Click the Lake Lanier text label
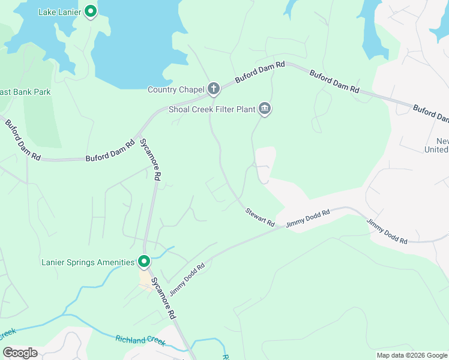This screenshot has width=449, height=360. point(59,12)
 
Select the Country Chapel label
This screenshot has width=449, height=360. point(176,90)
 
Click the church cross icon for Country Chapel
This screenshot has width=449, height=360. point(214,89)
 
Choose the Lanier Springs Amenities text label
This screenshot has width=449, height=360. point(88,262)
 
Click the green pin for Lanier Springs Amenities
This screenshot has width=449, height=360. point(144,262)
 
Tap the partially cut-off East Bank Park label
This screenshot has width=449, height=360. point(25,92)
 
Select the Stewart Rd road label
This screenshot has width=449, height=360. point(259,217)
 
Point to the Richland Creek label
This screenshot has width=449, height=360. point(140,340)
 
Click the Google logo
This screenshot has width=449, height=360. point(19,353)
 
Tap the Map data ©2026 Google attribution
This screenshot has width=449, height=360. point(412,355)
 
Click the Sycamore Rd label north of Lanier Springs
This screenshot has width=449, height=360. point(151,160)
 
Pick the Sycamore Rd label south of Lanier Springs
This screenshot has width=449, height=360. point(163,298)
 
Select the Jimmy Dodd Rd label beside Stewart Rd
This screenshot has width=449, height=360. point(308,218)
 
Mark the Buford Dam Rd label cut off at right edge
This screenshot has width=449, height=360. point(430,113)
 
